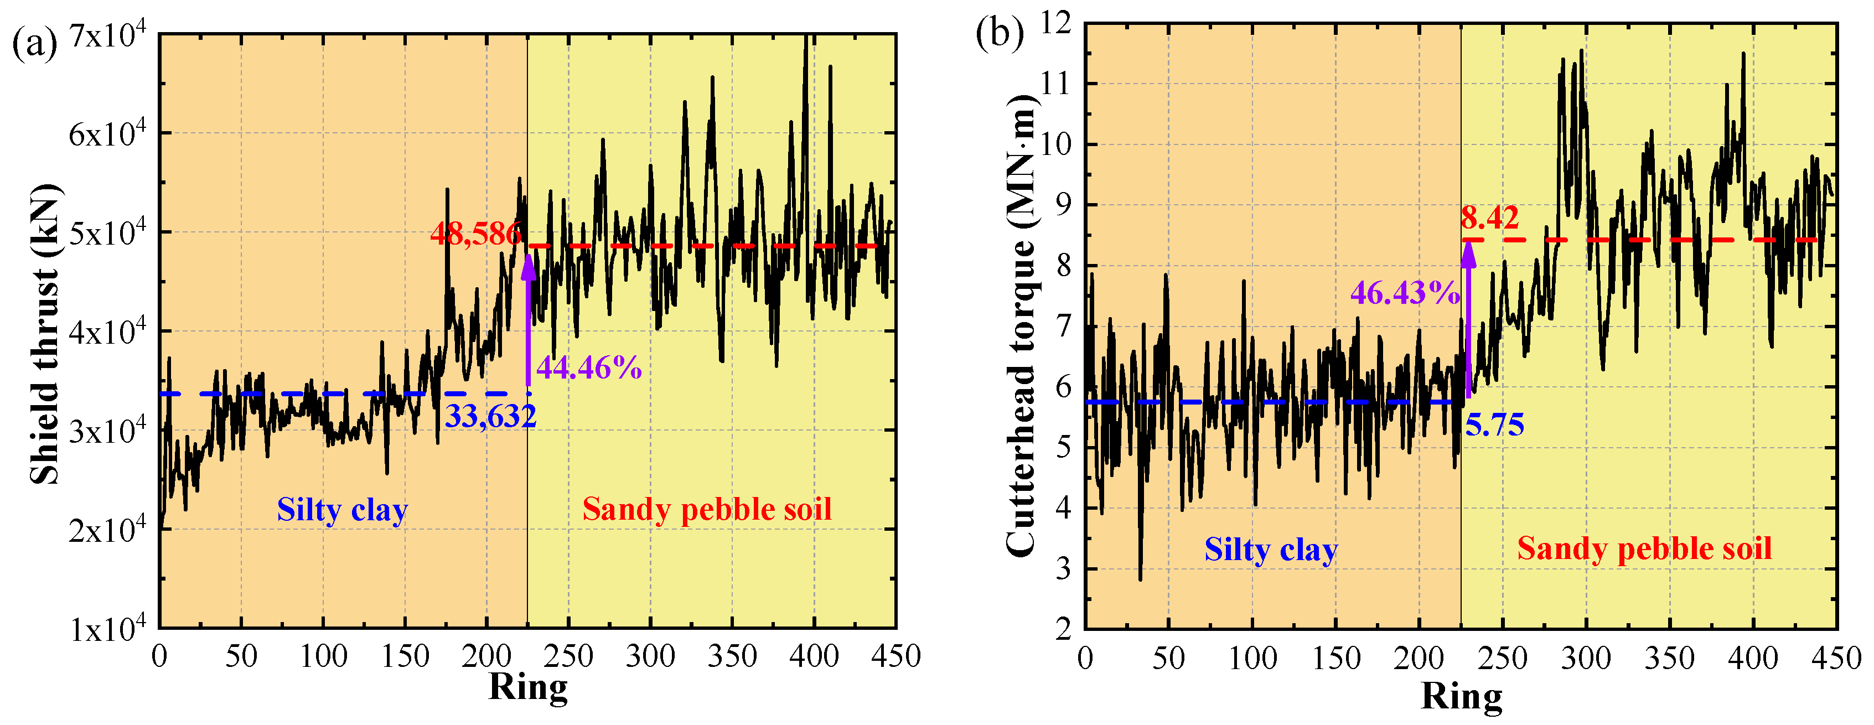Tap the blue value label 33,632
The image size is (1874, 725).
click(x=490, y=416)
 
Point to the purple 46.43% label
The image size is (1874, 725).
click(x=1405, y=292)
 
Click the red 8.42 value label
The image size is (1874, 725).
click(x=1490, y=217)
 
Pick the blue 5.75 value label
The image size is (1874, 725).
click(x=1494, y=424)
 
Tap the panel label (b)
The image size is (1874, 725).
click(x=1000, y=33)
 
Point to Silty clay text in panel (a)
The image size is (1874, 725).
click(x=342, y=509)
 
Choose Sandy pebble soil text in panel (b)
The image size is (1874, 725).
click(x=1644, y=548)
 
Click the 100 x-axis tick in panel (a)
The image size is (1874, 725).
click(x=323, y=656)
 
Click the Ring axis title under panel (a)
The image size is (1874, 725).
click(x=527, y=687)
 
